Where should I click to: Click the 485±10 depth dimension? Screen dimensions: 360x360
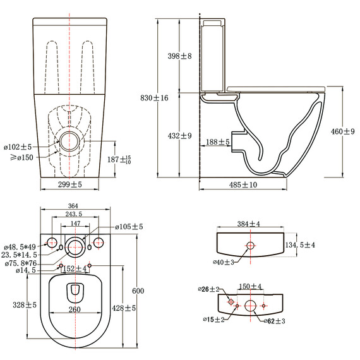pyautogui.click(x=243, y=184)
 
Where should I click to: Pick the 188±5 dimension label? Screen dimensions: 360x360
pyautogui.click(x=217, y=143)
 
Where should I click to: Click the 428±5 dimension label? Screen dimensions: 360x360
pyautogui.click(x=121, y=308)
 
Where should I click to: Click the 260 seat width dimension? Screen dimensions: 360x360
pyautogui.click(x=75, y=309)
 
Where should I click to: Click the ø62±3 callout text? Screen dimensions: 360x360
pyautogui.click(x=275, y=321)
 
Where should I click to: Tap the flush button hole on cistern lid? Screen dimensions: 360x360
pyautogui.click(x=250, y=245)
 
